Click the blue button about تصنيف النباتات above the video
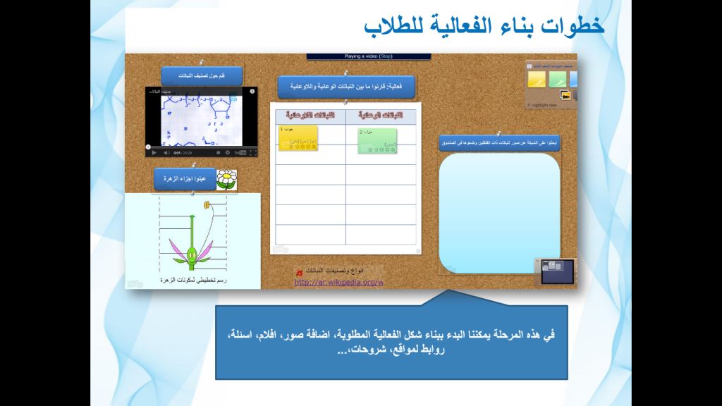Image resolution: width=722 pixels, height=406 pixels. tap(202, 76)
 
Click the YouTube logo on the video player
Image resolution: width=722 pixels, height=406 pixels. tap(240, 152)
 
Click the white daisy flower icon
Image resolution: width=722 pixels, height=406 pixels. tap(226, 179)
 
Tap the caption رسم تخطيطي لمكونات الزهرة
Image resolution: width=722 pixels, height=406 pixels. tap(190, 280)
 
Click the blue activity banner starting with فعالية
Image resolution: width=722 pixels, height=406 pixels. tap(345, 87)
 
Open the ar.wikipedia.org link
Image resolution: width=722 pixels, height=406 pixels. tap(338, 283)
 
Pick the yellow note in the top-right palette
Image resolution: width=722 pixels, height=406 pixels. tap(538, 79)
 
